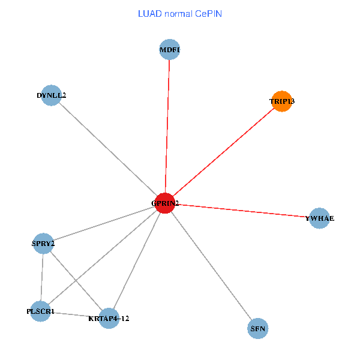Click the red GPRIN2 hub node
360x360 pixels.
coord(165,203)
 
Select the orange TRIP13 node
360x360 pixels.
coord(281,101)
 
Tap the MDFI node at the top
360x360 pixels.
coord(170,49)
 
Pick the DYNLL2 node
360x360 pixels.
coord(52,95)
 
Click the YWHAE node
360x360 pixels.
coord(319,218)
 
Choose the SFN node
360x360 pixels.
coord(257,328)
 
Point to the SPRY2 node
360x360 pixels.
coord(43,244)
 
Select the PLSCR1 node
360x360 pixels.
coord(40,311)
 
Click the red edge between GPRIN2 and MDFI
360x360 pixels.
coord(167,126)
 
